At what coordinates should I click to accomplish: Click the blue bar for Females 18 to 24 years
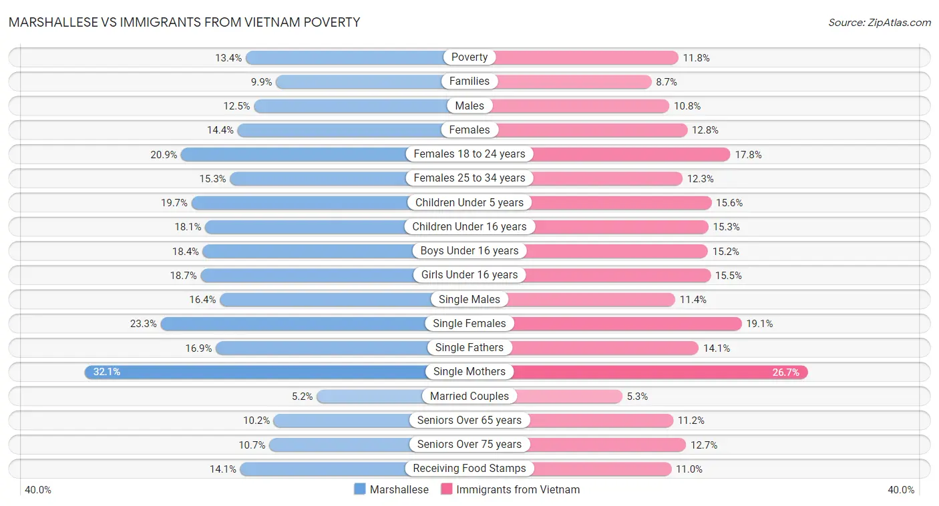[294, 154]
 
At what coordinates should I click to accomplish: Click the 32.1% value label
[107, 372]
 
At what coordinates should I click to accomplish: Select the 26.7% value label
[785, 372]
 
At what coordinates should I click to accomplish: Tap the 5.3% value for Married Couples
[637, 397]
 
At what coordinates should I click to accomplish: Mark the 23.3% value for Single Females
[144, 324]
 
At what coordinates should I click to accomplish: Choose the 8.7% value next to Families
[667, 81]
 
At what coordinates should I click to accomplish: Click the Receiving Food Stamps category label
[469, 469]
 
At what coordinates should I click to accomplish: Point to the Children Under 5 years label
[469, 202]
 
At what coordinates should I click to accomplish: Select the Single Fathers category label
[469, 348]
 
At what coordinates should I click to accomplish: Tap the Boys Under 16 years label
[469, 251]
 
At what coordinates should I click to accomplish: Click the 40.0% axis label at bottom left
[38, 490]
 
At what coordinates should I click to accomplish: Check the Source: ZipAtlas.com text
[879, 23]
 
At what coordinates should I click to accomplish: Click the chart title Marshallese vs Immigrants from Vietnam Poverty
[184, 22]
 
